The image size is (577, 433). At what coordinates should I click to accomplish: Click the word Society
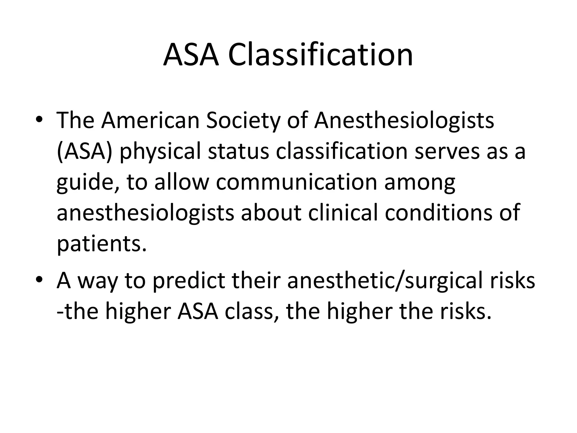[243, 120]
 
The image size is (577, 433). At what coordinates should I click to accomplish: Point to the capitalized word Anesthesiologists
[404, 120]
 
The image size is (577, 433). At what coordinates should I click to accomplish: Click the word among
[420, 183]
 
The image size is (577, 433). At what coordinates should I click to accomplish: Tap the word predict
[189, 281]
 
